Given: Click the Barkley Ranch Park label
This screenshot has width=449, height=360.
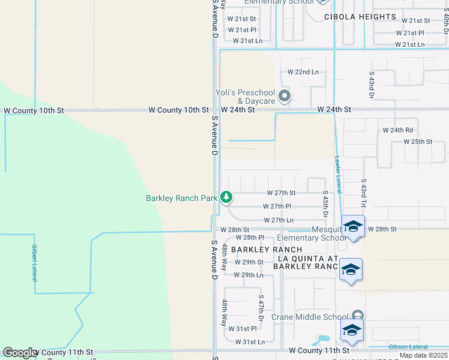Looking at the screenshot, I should tap(181, 198).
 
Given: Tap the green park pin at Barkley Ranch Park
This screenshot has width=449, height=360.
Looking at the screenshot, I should tap(226, 197).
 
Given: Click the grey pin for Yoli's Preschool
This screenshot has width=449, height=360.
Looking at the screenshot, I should tap(285, 95).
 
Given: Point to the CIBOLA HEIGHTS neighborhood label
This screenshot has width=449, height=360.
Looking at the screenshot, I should tap(360, 17).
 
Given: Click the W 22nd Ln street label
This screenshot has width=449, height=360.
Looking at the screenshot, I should tap(303, 72).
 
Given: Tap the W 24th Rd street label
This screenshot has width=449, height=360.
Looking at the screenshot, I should tap(398, 130).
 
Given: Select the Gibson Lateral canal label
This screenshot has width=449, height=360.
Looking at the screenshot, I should tap(409, 347).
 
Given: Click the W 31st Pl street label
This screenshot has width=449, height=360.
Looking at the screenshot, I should tap(243, 328).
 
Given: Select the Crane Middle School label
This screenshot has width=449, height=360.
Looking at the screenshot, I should tap(309, 317).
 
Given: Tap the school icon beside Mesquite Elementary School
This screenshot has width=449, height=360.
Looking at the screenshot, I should tap(352, 227).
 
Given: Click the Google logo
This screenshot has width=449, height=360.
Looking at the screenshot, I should tap(20, 353).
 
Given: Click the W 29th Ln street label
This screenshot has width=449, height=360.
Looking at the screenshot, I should tap(249, 275).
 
